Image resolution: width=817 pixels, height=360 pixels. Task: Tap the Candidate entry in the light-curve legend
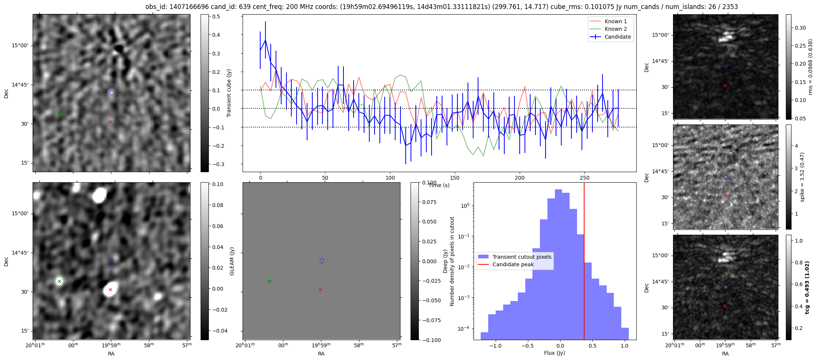[618, 37]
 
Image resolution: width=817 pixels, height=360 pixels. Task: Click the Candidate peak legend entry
[513, 264]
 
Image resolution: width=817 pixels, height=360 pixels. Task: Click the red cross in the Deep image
[110, 289]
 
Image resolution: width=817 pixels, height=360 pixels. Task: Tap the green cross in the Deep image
[59, 281]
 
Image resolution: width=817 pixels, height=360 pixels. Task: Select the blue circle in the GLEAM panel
[322, 261]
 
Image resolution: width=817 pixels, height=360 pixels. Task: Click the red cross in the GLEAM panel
[320, 289]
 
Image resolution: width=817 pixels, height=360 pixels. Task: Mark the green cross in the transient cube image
[59, 113]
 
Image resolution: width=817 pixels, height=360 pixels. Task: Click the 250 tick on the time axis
[584, 178]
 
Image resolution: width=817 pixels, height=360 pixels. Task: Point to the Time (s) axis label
[439, 185]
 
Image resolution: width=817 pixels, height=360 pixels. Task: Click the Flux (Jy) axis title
[554, 353]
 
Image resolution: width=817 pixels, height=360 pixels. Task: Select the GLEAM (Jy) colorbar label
[232, 261]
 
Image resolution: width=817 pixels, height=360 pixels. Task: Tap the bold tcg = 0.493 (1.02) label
[807, 287]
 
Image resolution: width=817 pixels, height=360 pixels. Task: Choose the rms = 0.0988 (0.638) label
[810, 67]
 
